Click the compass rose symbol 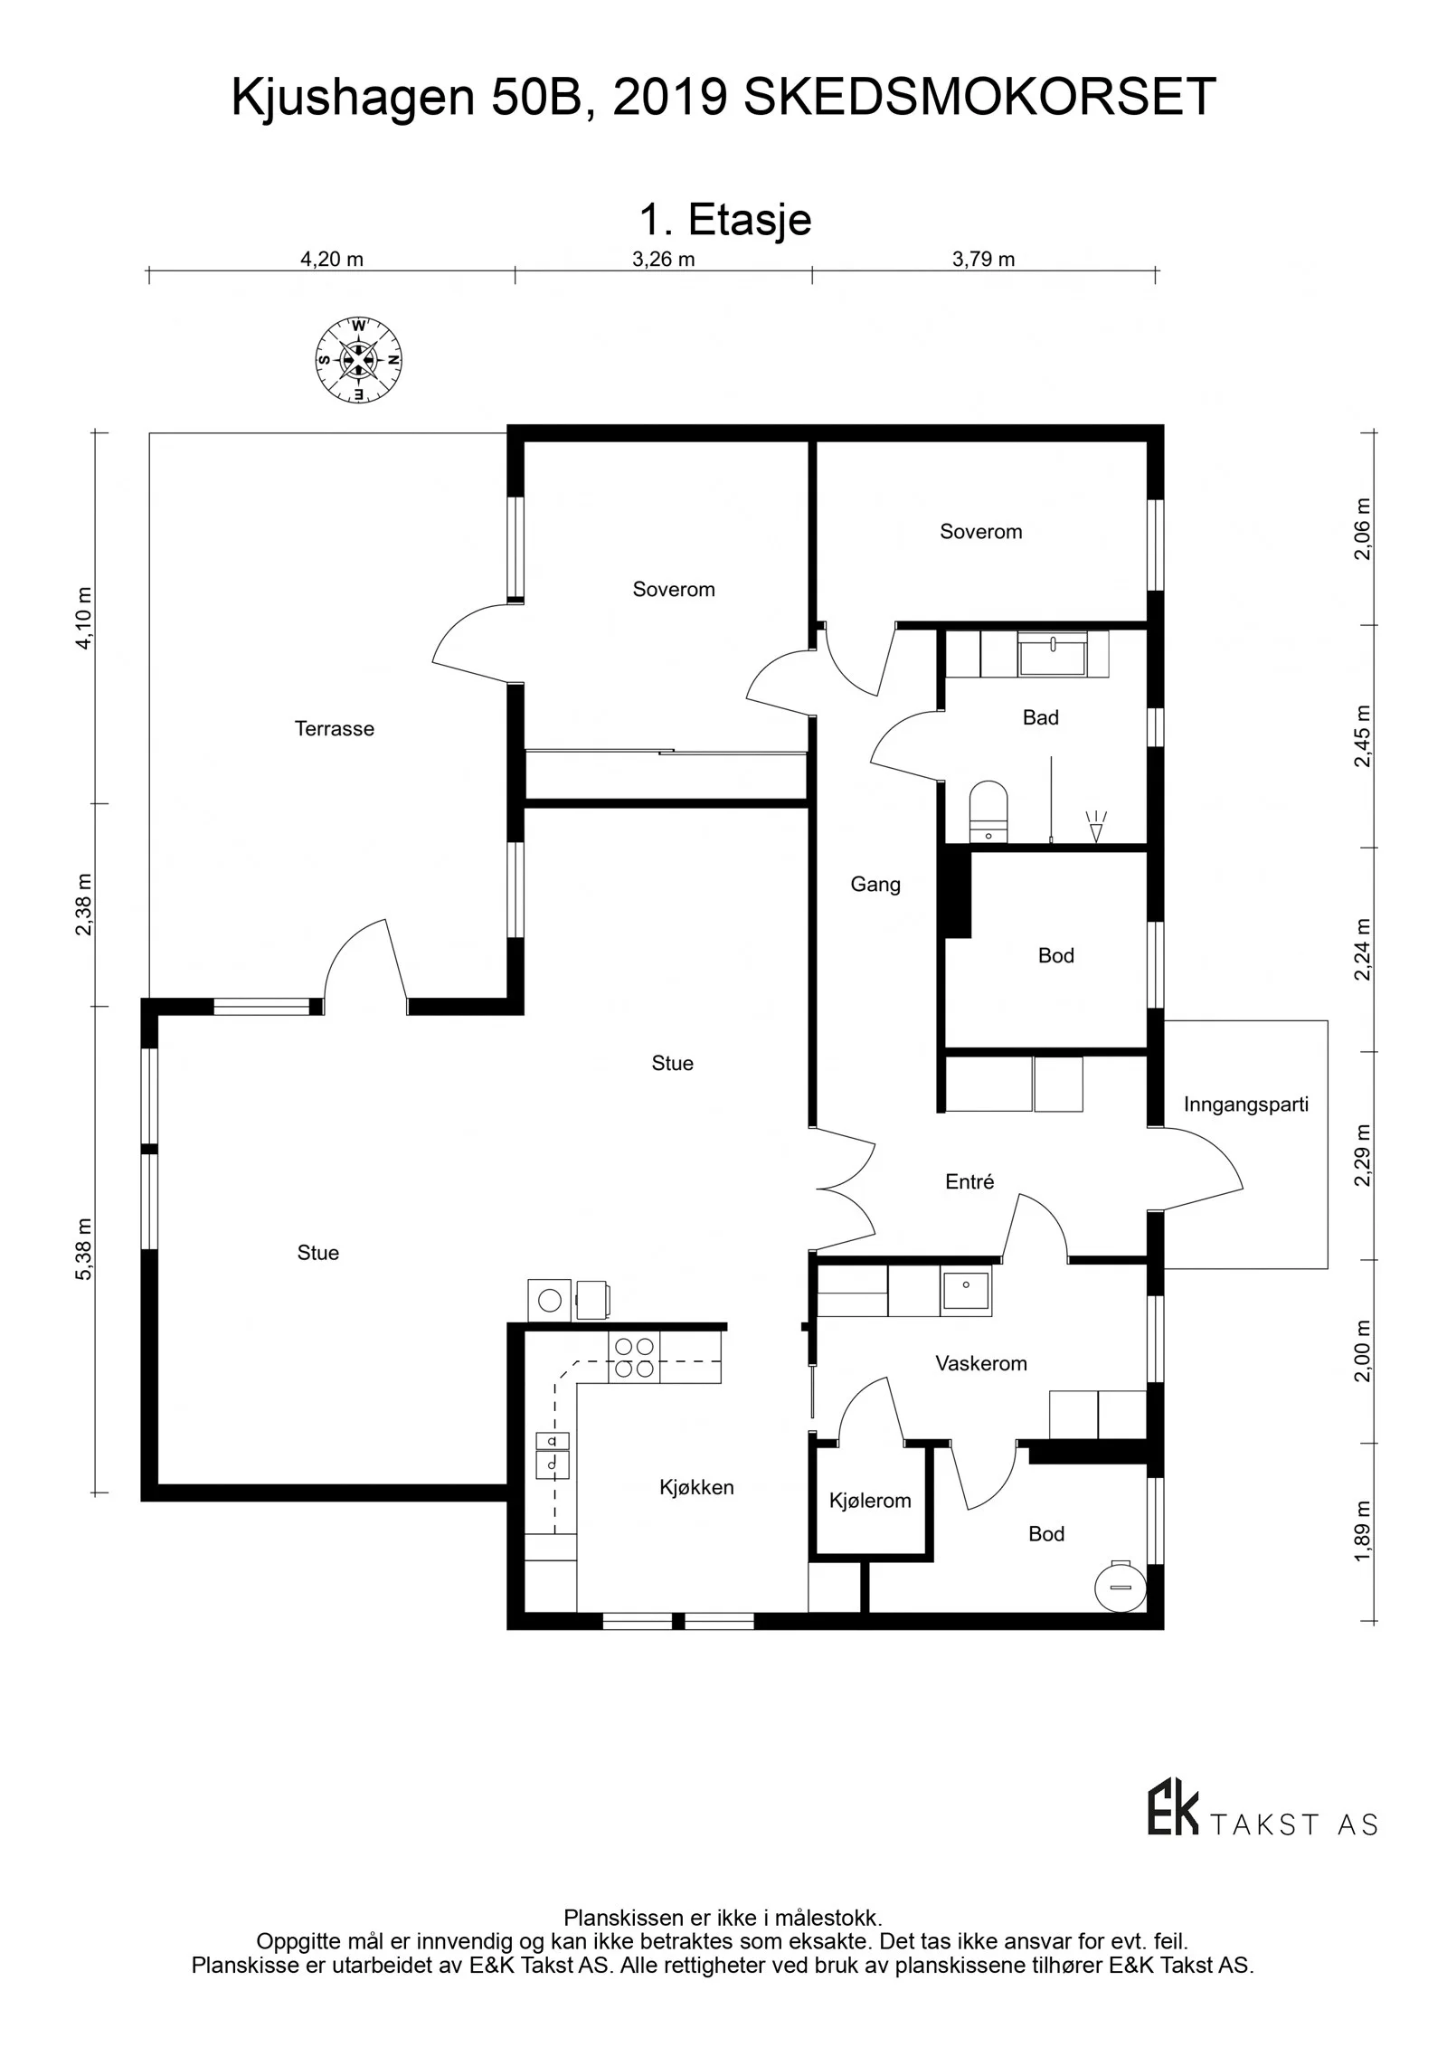coord(358,360)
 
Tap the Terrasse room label coord(334,729)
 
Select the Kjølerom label coord(870,1501)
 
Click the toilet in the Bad coord(988,810)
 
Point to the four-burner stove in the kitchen coord(635,1358)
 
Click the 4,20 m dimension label coord(332,260)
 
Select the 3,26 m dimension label coord(663,260)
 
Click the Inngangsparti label coord(1246,1104)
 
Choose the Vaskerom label coord(981,1363)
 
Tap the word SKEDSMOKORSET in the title coord(980,98)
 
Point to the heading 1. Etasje coord(725,220)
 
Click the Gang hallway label coord(875,885)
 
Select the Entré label coord(969,1181)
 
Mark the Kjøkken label coord(696,1488)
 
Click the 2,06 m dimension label coord(1363,529)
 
